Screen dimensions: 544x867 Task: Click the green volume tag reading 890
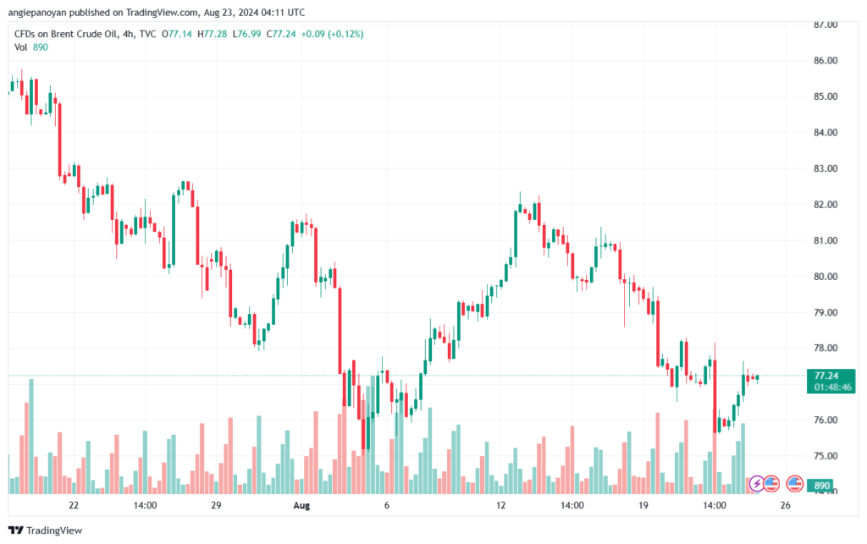[x=821, y=486]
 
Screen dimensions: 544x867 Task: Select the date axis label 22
[x=74, y=505]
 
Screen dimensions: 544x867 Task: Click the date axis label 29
[x=216, y=505]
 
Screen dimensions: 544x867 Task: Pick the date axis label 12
[x=500, y=505]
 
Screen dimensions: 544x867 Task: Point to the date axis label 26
[x=785, y=505]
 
